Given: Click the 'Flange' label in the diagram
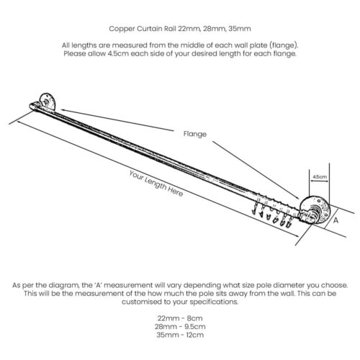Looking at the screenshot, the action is (x=195, y=134).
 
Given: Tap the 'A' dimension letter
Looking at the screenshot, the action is (x=336, y=220).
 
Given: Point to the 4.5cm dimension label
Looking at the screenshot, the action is (x=320, y=176).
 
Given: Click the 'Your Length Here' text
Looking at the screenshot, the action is (x=156, y=184).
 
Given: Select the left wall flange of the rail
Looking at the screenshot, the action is (x=47, y=102).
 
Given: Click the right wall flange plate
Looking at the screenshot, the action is (x=315, y=210).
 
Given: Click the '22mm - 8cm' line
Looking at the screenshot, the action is (x=180, y=318).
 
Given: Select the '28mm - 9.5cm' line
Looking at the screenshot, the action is (x=180, y=327).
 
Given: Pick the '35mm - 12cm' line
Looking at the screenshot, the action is (x=180, y=335).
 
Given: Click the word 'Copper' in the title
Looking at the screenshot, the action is (x=122, y=29).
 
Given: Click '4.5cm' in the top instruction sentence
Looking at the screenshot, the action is (x=118, y=53).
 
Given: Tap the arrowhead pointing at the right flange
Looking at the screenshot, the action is (x=297, y=198).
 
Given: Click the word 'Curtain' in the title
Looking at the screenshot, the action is (x=150, y=29).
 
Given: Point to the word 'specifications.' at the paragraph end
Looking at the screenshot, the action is (x=214, y=302).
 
